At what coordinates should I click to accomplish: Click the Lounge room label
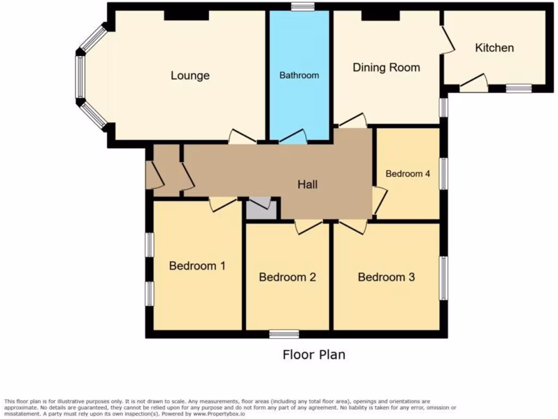pos(190,75)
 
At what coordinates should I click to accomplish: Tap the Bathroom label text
pos(299,75)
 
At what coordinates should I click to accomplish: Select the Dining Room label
pos(386,68)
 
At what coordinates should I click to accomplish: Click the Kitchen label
pos(494,47)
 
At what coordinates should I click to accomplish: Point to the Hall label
pos(307,184)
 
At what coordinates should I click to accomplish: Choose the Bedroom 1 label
pos(197,266)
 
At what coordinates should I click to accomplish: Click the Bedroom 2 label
pos(287,277)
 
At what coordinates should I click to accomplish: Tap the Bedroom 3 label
pos(386,277)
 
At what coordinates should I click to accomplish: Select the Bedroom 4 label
pos(408,173)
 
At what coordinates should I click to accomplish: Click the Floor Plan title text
pos(314,355)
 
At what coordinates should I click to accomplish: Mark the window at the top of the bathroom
pos(302,7)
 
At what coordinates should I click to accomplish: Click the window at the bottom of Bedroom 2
pos(284,334)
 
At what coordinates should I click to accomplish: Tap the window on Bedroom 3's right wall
pos(443,278)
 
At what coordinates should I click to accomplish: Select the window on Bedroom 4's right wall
pos(443,174)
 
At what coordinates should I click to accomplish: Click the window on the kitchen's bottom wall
pos(518,88)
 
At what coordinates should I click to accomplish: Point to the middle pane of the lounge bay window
pos(80,76)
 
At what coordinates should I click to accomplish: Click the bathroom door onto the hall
pos(293,137)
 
